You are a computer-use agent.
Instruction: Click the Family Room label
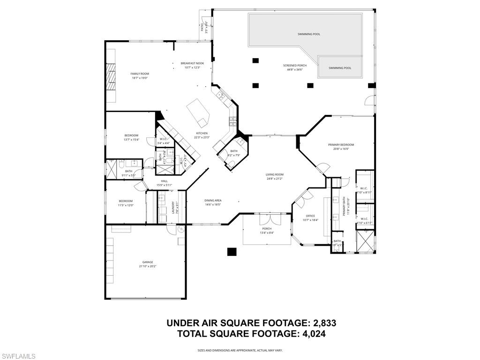139,74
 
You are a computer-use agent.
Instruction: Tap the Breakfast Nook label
192,63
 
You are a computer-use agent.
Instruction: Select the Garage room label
148,262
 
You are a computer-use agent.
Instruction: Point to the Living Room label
275,174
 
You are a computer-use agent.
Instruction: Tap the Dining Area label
213,201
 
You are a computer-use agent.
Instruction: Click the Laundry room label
173,206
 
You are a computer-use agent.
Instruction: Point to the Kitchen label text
202,133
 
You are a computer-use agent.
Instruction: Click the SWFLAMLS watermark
18,357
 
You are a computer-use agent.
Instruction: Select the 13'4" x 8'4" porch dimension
266,233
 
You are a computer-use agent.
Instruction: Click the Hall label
164,181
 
